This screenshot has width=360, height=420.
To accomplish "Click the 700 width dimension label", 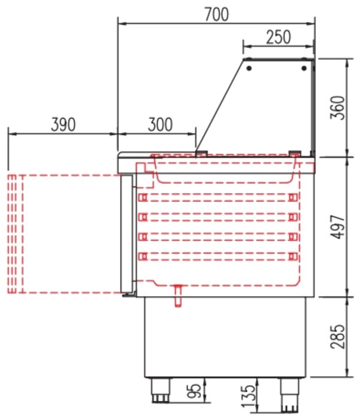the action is point(217,14).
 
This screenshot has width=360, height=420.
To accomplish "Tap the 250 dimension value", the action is point(279,37).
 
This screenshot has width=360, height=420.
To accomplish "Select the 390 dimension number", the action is point(63,124).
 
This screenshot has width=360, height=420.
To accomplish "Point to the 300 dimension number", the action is point(160,124).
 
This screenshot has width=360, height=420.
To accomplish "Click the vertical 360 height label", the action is point(337,108).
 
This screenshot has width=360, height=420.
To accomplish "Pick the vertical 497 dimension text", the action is point(337,227).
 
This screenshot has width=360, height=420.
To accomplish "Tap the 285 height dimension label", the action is point(337,337).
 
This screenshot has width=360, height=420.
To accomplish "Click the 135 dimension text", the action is point(247,397).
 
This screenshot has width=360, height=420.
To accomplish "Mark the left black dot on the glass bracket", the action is point(249,68).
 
